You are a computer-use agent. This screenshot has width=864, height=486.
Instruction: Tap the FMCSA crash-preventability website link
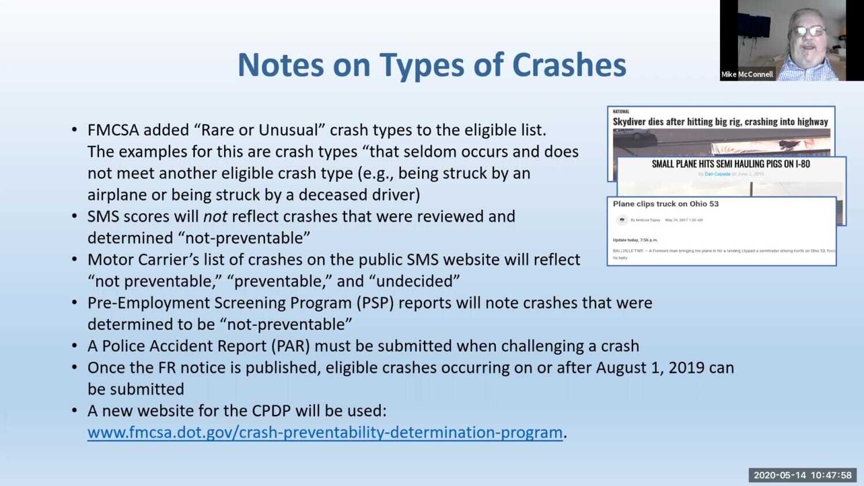coord(325,432)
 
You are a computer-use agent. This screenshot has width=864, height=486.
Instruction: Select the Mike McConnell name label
coord(747,74)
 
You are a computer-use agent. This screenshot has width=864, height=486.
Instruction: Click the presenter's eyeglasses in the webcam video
coord(809,31)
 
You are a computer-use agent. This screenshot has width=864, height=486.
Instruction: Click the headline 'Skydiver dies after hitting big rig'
coord(720,121)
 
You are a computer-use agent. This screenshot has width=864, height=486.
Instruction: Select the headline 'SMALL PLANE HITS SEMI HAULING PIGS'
coord(730,164)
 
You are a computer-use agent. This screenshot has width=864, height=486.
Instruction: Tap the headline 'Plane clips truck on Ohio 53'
coord(665,204)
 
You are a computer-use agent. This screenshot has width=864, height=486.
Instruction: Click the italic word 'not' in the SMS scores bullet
coord(215,217)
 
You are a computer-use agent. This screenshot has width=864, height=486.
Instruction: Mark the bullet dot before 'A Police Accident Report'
coord(74,346)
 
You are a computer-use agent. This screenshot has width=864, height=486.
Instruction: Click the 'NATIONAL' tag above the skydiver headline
coord(621,112)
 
